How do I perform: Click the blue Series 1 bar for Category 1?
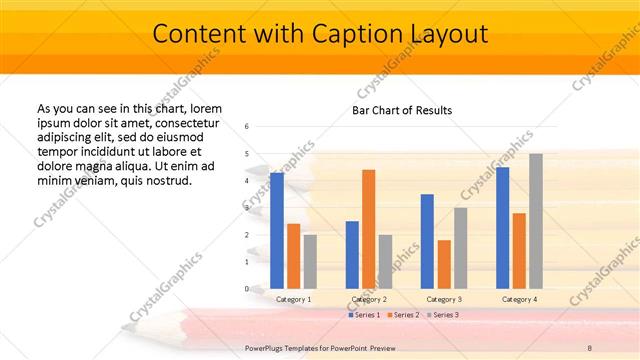coord(277,231)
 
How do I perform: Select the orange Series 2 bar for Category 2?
coord(368,229)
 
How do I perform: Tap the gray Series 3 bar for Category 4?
coord(535,221)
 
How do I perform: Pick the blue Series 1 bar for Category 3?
coord(427,241)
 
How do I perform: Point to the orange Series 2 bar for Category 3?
coord(444,264)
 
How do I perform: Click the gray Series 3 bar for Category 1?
coord(310,262)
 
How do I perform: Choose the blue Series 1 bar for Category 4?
coord(502,228)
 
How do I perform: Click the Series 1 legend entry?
coord(364,315)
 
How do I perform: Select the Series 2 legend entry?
coord(403,315)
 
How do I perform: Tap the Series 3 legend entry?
coord(442,315)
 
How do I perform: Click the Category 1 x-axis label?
coord(294,299)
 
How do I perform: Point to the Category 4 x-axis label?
coord(519,299)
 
